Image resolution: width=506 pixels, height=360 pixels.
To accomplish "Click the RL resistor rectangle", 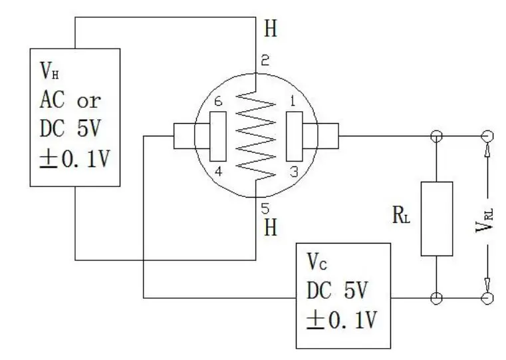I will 436,218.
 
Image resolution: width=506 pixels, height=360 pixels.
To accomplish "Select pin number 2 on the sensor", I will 264,61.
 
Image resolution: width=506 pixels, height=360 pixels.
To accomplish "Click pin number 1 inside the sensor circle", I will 290,101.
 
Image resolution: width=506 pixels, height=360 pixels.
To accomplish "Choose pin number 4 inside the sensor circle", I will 217,170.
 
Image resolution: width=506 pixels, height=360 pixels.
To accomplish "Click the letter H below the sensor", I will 271,228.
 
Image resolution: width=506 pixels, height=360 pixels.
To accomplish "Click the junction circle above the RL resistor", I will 436,136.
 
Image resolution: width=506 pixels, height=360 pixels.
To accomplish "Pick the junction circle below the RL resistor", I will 436,298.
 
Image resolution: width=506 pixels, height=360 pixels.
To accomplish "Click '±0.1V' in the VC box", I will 341,320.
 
